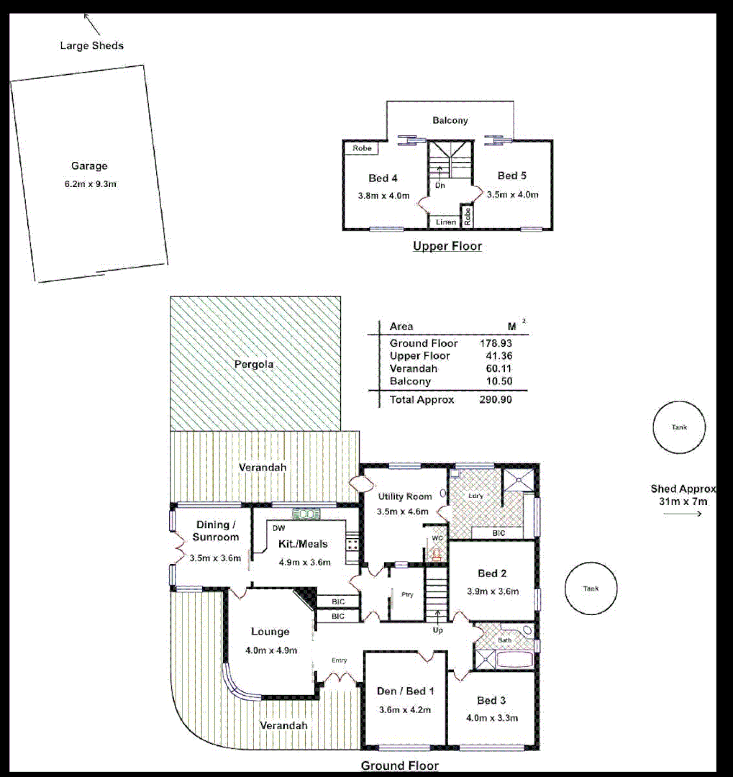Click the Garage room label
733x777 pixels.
[88, 166]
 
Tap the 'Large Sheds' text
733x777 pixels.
[91, 46]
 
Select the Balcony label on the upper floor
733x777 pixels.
[450, 120]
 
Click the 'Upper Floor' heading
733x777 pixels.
[447, 246]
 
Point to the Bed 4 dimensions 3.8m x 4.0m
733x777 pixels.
[383, 195]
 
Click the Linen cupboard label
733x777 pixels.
[445, 222]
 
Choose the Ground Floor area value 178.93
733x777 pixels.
[496, 343]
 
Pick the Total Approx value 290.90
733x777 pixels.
[496, 399]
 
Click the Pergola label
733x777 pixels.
[254, 364]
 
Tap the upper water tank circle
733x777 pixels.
[679, 427]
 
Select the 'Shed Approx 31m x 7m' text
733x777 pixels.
[683, 495]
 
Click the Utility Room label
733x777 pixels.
[404, 496]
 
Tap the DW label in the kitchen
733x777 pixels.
[277, 527]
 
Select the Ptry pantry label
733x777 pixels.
[406, 594]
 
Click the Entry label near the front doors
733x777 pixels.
[339, 660]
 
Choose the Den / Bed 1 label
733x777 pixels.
[406, 691]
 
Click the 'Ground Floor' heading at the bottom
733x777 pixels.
[399, 765]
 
